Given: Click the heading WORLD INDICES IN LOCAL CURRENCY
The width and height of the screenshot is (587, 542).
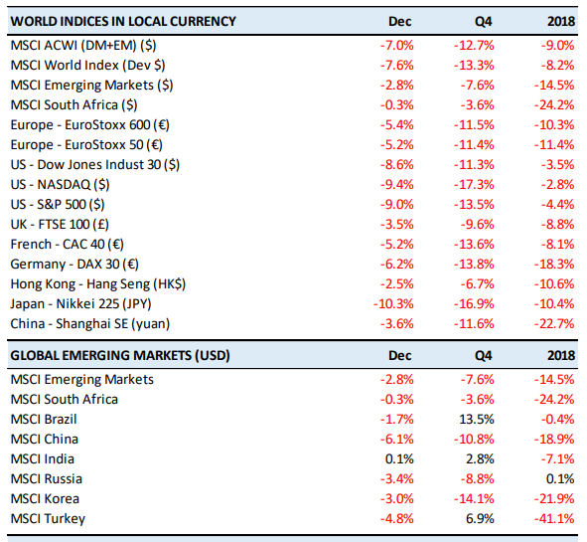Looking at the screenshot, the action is point(123,21).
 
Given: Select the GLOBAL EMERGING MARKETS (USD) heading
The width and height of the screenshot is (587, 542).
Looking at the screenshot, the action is point(120,355).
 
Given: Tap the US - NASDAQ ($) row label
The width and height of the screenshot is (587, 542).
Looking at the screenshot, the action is point(60,184).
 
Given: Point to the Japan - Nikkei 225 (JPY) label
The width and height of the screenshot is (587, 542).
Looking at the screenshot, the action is point(80,303).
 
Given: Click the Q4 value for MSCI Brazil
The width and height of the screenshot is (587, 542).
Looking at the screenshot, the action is point(477,419).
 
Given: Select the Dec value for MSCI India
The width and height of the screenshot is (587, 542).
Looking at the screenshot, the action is point(399,458).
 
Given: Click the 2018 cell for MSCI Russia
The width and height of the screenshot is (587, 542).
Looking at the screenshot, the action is point(560,479).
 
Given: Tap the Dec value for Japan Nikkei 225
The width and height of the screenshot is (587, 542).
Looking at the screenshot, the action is point(393,303).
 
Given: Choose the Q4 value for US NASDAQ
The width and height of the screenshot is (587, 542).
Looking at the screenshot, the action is point(474,184).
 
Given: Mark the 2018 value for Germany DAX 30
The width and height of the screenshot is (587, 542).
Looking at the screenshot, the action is point(554,264).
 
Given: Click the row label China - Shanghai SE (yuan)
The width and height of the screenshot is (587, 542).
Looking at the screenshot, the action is point(90,323).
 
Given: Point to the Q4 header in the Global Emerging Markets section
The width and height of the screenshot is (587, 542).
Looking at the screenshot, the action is point(484,355).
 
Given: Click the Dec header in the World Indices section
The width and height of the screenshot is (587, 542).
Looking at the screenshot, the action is point(400,21).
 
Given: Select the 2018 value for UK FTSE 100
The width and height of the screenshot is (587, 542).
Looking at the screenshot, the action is point(557,224).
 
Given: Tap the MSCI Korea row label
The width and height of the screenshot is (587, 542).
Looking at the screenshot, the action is point(45,499).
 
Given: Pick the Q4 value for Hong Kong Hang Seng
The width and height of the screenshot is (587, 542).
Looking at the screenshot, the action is point(478,283).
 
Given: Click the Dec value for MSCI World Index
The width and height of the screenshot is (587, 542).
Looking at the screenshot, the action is point(397,66).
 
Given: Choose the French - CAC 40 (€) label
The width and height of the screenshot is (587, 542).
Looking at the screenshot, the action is point(67,244).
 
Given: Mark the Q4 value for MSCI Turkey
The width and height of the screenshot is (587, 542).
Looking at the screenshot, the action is point(480,519).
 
